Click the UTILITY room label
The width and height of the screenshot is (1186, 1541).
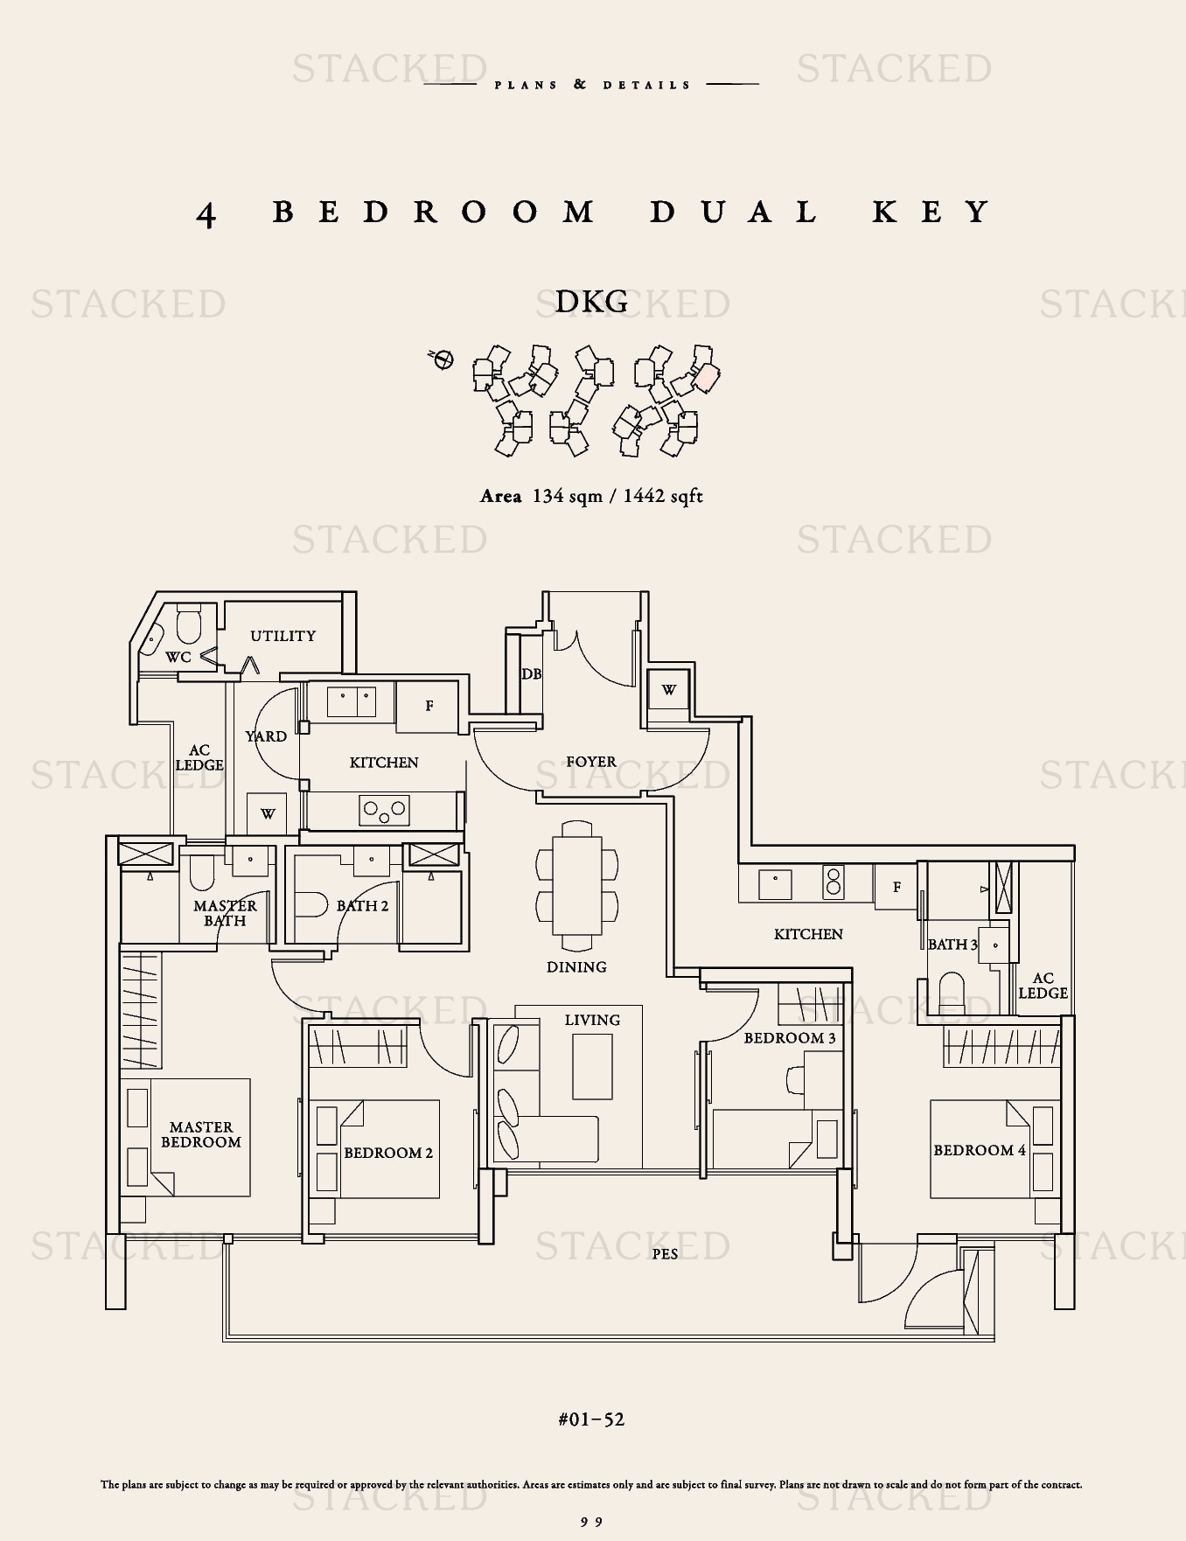click(x=283, y=636)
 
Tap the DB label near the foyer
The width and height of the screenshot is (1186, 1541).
click(x=531, y=674)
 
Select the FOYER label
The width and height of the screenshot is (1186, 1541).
click(x=591, y=762)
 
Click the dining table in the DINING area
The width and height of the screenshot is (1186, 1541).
click(x=577, y=885)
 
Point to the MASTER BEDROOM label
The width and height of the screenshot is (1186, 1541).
click(x=200, y=1134)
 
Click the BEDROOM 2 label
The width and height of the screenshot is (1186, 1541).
click(x=388, y=1153)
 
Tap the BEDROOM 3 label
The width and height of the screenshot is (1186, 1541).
click(x=790, y=1038)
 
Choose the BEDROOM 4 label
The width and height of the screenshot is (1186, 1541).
click(x=980, y=1150)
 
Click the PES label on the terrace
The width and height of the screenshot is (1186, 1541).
click(x=665, y=1254)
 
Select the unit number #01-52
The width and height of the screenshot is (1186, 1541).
click(x=591, y=1419)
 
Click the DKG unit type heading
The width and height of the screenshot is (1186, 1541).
click(x=592, y=302)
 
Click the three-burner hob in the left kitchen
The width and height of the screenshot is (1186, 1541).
click(x=385, y=810)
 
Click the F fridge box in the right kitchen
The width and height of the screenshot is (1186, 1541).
click(x=896, y=887)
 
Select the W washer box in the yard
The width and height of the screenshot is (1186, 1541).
click(x=268, y=813)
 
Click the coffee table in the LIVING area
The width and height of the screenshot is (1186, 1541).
click(x=592, y=1067)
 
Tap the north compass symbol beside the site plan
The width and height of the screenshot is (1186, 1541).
click(x=443, y=359)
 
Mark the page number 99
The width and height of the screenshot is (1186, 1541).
click(x=592, y=1522)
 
